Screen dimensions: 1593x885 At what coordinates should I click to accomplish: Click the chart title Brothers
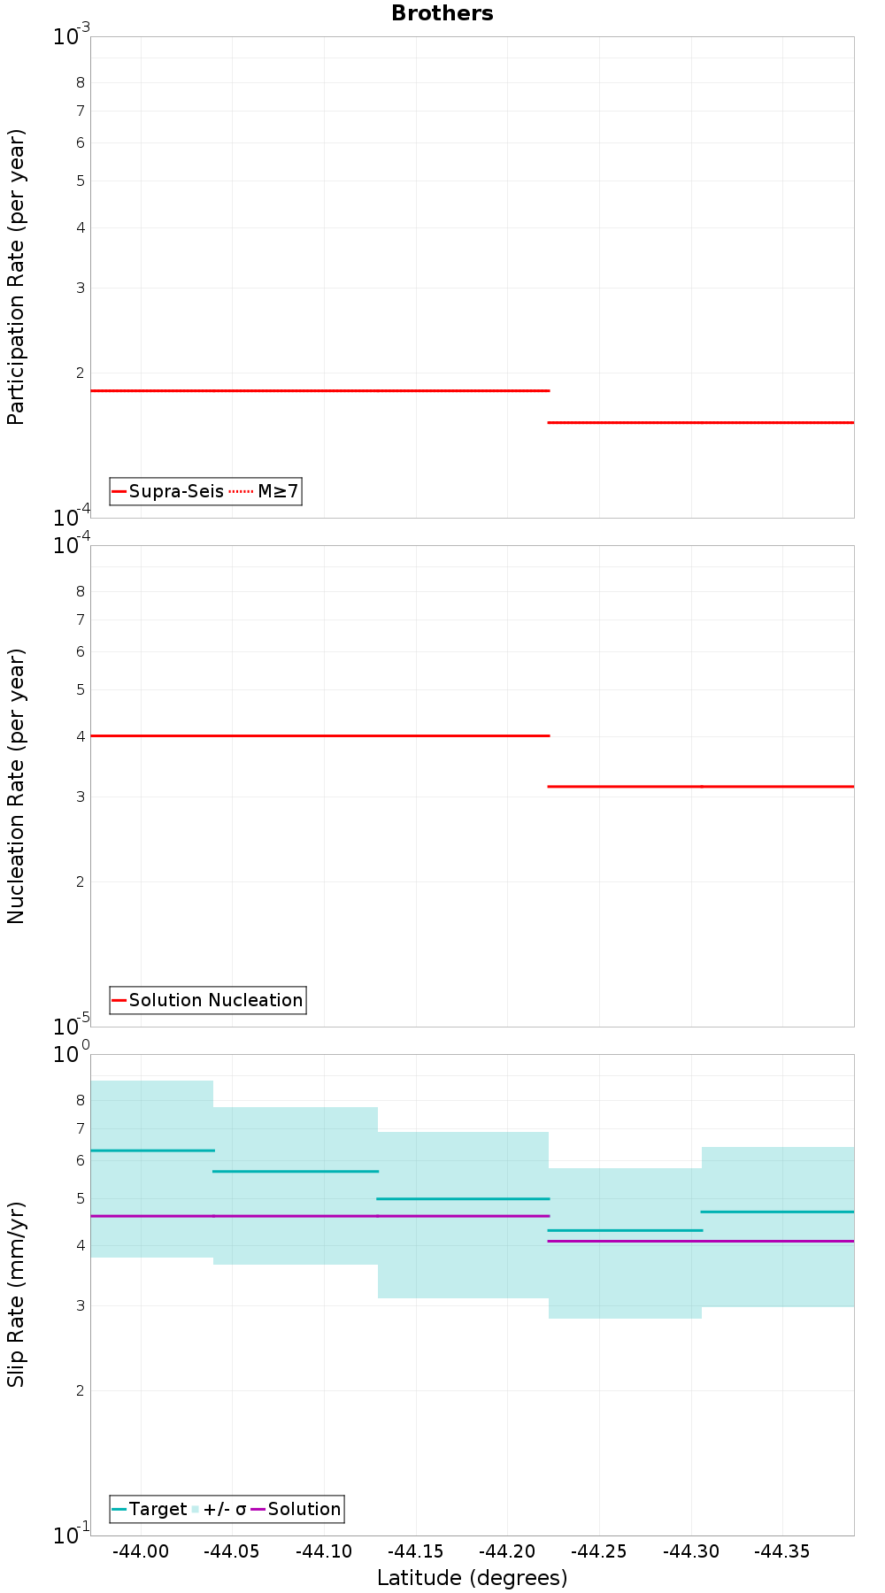(x=442, y=13)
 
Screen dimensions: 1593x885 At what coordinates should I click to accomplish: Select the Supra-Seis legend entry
(x=175, y=491)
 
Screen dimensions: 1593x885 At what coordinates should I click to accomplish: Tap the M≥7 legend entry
(x=277, y=491)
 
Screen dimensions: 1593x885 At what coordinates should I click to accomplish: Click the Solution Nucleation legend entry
(x=215, y=1000)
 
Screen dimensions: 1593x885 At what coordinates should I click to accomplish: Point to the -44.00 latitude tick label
(x=141, y=1551)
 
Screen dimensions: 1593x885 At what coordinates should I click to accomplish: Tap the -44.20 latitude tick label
(x=507, y=1551)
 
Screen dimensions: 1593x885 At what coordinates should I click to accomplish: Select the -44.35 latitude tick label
(x=782, y=1551)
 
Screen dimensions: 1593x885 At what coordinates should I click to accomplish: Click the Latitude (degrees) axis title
(x=472, y=1578)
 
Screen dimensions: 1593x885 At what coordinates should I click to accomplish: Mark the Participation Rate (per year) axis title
(x=16, y=277)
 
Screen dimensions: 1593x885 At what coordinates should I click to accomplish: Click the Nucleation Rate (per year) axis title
(x=16, y=786)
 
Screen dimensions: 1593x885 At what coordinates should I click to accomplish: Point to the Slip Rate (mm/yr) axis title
(x=16, y=1294)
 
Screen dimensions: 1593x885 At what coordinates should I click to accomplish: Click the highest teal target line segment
(x=152, y=1150)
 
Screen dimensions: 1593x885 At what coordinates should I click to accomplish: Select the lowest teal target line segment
(x=625, y=1230)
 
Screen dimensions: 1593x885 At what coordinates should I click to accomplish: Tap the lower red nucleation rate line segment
(x=701, y=786)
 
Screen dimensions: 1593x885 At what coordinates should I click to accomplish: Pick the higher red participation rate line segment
(x=319, y=390)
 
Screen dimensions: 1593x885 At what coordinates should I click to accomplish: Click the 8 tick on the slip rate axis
(x=81, y=1100)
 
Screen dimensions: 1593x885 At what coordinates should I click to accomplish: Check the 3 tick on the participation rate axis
(x=81, y=288)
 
